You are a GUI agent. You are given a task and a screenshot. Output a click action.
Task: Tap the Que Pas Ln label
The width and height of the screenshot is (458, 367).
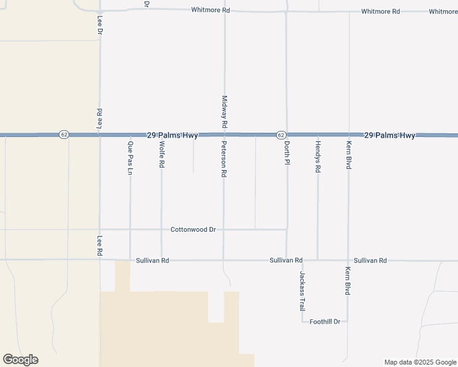coord(130,158)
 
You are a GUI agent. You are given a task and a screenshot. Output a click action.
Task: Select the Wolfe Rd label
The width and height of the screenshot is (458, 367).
coord(162,155)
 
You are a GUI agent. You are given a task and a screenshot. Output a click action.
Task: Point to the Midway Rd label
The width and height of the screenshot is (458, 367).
coord(225,111)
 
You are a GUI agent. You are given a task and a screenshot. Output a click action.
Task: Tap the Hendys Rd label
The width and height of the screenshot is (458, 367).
coord(318,157)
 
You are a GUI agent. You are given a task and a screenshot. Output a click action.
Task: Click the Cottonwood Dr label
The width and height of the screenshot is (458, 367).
coord(193,229)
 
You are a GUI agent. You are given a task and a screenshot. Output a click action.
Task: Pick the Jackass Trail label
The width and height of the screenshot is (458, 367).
coord(302,291)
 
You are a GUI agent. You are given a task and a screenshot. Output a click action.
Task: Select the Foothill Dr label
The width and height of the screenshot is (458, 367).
coord(325,321)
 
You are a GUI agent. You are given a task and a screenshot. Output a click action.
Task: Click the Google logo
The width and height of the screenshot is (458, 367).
coord(20,360)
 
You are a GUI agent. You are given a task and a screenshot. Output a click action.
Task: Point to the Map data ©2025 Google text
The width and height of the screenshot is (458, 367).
coord(421,362)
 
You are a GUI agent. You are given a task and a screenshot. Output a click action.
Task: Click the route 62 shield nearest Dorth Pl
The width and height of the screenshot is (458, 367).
coord(280,135)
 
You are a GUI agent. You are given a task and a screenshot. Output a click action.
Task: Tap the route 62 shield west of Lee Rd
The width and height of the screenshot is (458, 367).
coord(64,135)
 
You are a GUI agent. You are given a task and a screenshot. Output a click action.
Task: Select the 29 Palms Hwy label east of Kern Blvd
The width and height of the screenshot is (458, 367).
coord(389,135)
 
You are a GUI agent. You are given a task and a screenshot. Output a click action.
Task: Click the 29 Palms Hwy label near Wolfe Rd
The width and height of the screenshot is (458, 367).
coord(172,135)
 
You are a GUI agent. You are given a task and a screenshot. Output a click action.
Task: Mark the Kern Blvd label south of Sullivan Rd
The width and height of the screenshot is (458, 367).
coord(348,281)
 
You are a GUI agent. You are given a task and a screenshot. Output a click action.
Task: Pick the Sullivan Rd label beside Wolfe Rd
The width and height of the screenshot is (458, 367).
coord(152,261)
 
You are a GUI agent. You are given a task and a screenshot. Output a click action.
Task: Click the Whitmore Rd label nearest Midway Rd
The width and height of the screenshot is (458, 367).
coord(211,10)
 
